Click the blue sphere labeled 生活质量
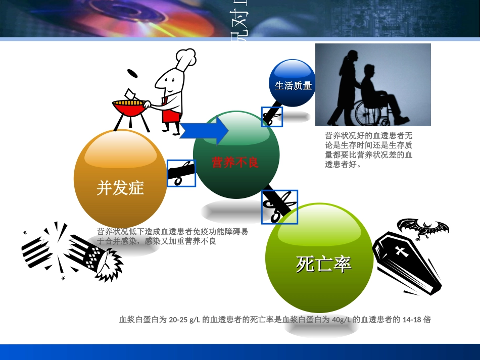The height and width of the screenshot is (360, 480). [293, 84]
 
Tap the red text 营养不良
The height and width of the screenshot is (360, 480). [235, 163]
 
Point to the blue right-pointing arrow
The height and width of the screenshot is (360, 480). [204, 131]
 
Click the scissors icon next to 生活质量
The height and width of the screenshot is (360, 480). [272, 117]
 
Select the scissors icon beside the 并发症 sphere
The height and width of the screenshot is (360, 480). [181, 173]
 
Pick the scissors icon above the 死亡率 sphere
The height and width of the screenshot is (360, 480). [279, 207]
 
